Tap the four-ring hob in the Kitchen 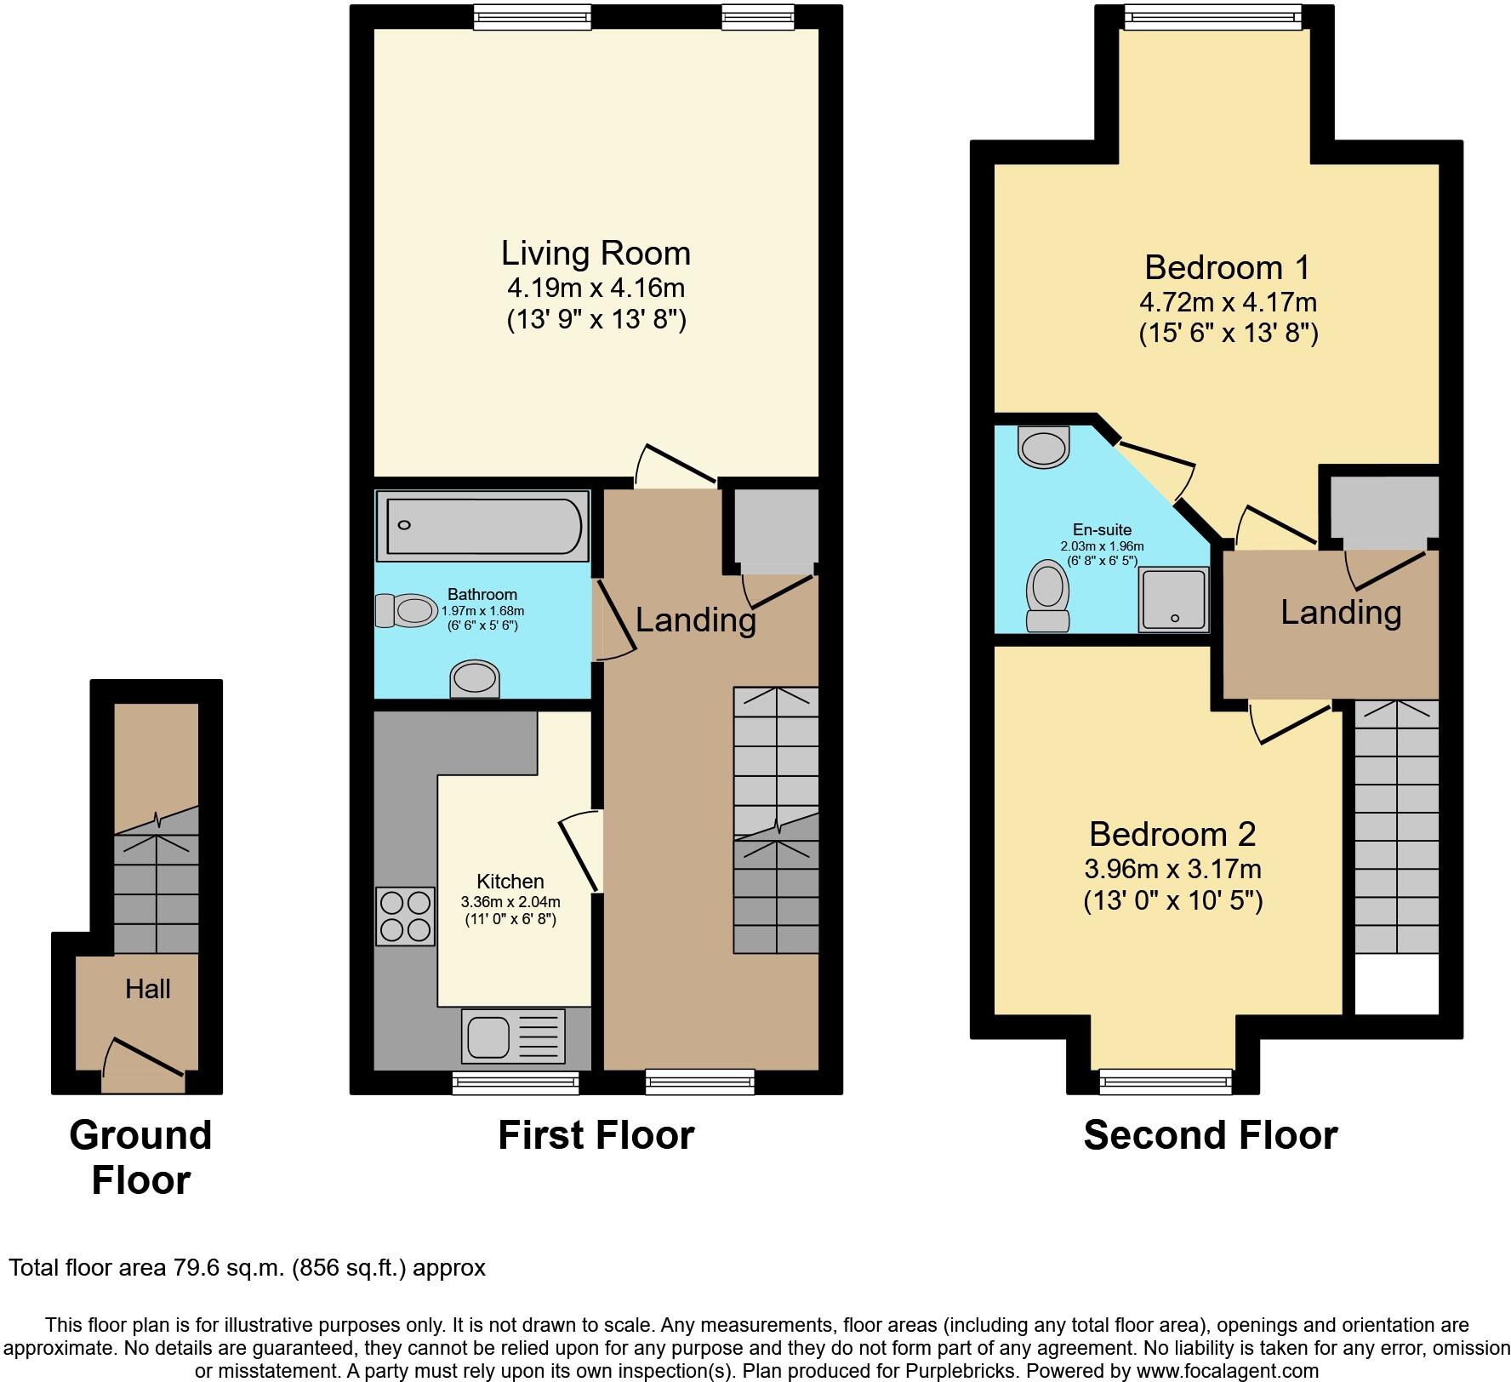[405, 916]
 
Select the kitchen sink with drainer [513, 1036]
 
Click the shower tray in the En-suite [1174, 600]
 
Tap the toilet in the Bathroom [405, 610]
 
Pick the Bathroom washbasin [475, 679]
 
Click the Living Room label [596, 254]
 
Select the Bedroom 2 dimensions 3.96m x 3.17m [1172, 869]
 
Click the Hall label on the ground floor [148, 989]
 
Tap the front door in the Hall [143, 1064]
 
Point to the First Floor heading [596, 1135]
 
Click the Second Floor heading [1210, 1135]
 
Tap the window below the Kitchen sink [516, 1082]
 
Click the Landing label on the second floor [1341, 612]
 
